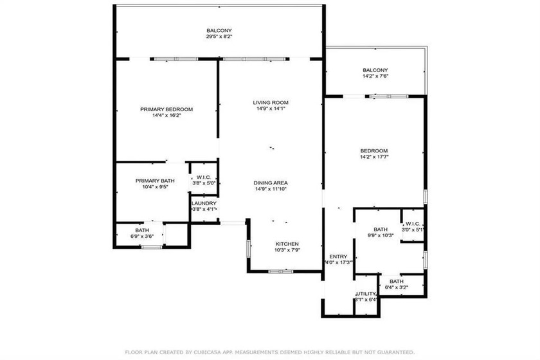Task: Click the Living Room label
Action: (270, 102)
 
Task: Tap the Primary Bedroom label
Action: (166, 109)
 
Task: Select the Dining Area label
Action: (270, 183)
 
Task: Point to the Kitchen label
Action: (287, 244)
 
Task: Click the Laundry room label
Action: (204, 203)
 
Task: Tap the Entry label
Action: (338, 255)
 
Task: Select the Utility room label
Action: (365, 294)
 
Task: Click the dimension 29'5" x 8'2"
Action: (219, 37)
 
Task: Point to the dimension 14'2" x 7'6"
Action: (375, 76)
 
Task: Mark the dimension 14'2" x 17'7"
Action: (374, 156)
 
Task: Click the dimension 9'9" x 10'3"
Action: (380, 236)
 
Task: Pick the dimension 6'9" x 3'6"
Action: (141, 237)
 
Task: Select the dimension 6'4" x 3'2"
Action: (395, 287)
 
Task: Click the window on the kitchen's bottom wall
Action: (282, 271)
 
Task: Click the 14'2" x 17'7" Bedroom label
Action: (374, 150)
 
